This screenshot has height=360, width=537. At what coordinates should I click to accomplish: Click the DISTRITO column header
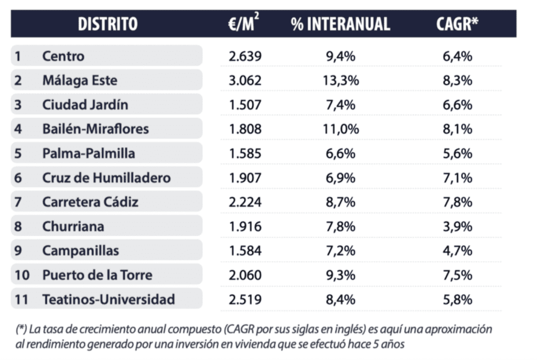click(x=108, y=24)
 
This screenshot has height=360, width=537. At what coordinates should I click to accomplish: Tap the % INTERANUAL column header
click(x=340, y=24)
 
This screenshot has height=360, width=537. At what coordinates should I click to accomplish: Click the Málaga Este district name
click(x=80, y=81)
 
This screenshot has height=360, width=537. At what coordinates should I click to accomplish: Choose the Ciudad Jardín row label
click(x=85, y=105)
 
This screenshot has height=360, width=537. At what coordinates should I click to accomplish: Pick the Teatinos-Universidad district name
click(x=109, y=300)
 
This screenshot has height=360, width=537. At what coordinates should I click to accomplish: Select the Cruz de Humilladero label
click(x=106, y=178)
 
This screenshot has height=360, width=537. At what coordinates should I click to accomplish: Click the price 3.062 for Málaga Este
click(x=245, y=81)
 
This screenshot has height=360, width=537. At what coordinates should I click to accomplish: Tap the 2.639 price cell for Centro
click(x=245, y=56)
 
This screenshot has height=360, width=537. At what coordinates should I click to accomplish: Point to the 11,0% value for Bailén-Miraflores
click(x=340, y=129)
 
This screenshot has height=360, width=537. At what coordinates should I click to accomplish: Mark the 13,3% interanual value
click(x=340, y=81)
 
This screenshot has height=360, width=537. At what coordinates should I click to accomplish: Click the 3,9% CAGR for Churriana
click(x=457, y=226)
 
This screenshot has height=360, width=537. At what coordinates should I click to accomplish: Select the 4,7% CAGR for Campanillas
click(x=457, y=251)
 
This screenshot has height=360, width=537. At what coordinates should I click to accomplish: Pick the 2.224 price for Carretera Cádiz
click(x=245, y=202)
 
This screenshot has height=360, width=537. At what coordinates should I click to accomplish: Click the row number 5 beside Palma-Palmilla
click(x=18, y=154)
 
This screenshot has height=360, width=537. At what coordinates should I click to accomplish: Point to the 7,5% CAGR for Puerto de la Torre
click(x=457, y=275)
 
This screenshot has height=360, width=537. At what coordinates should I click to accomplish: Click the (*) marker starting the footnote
click(x=21, y=330)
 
